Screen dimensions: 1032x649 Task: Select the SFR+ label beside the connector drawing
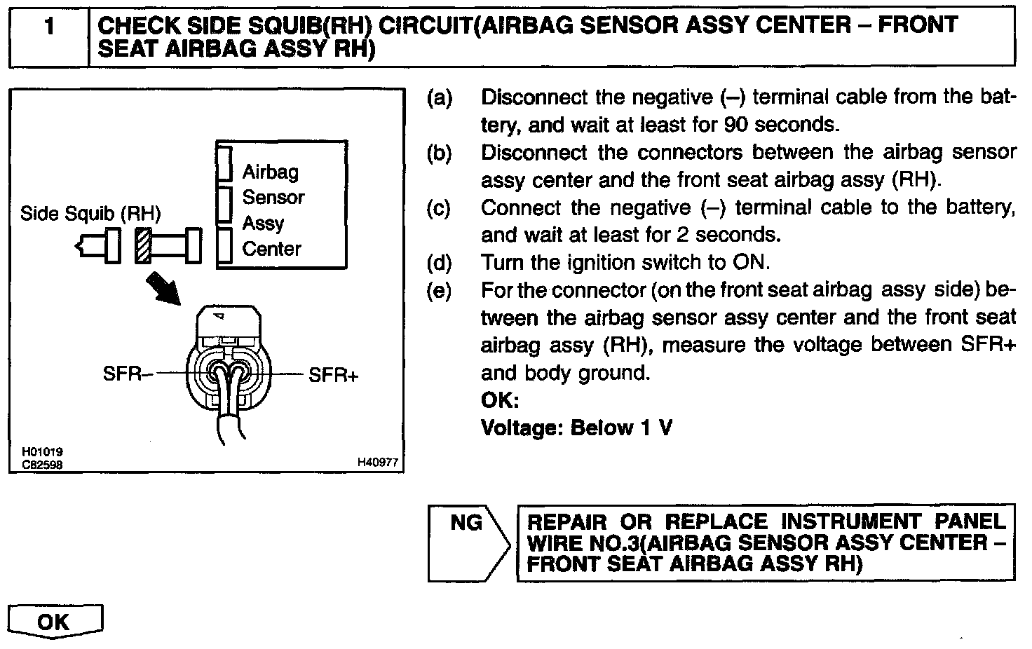pos(333,376)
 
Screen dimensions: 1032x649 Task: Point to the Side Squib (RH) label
pos(90,213)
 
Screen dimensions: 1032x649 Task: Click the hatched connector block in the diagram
pos(144,246)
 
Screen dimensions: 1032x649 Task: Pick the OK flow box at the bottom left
pos(55,621)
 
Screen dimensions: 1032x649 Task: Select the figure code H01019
pos(37,452)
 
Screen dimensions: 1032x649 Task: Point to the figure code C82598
pos(37,463)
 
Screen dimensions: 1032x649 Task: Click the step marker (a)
pos(440,97)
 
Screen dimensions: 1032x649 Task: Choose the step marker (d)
pos(440,263)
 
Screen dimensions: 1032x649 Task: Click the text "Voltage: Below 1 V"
pos(576,428)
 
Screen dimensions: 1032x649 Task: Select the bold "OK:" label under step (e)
pos(500,400)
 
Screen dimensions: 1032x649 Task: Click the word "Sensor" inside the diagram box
pos(273,198)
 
